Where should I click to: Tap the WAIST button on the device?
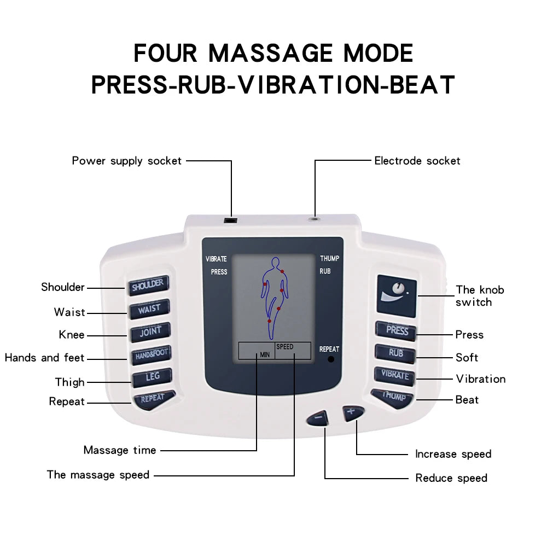coord(149,309)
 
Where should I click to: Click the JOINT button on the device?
coord(150,331)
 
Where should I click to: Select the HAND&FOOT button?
coord(151,354)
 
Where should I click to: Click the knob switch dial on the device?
coord(397,289)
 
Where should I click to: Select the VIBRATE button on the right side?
coord(395,376)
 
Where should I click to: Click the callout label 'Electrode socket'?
coord(417,161)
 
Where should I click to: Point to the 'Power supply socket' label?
coord(126,161)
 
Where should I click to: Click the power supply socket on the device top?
coord(231,220)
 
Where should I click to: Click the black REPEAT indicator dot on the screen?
coord(330,360)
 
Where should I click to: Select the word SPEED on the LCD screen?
coord(284,347)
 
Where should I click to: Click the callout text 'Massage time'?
coord(120,450)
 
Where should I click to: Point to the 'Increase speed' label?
coord(453,454)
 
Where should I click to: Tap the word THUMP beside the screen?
coord(329,259)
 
